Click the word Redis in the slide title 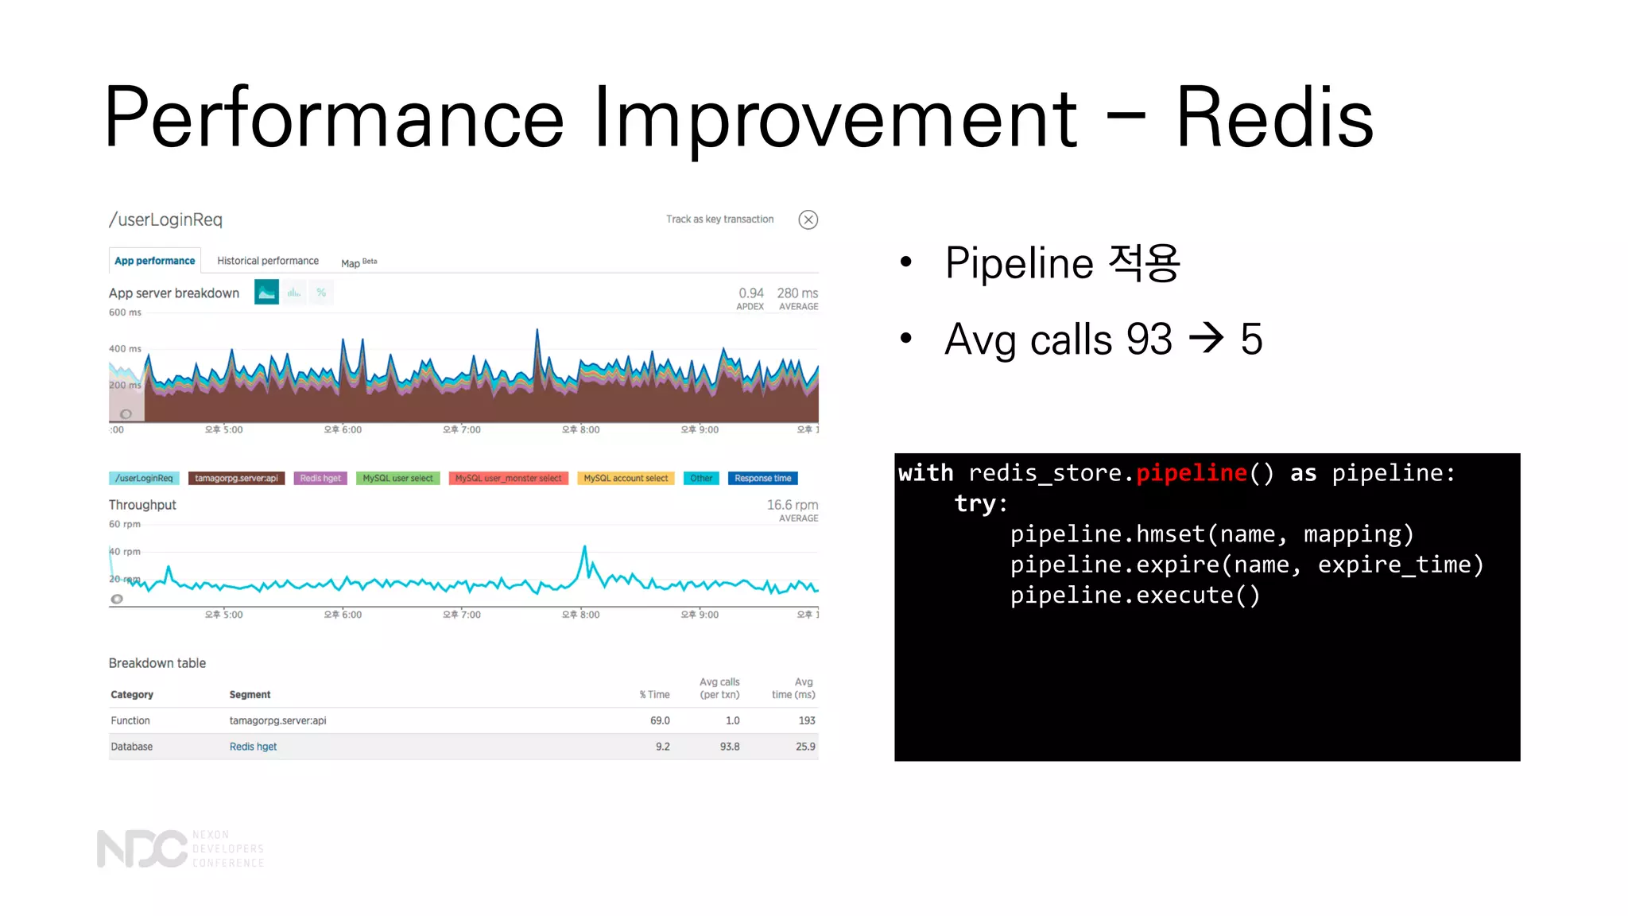(1273, 118)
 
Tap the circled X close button (808, 219)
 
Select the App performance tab (154, 261)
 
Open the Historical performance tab (268, 261)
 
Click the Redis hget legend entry (320, 478)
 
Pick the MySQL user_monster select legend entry (508, 478)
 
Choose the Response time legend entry (762, 478)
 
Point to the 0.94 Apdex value (750, 293)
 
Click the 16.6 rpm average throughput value (792, 505)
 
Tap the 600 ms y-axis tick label (125, 312)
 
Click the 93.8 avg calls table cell (729, 747)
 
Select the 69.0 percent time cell (660, 720)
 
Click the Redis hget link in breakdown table (253, 747)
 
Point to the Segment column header (250, 695)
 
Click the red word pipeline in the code (1191, 473)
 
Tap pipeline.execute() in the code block (1134, 596)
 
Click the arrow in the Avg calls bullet (1206, 339)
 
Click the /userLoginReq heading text (165, 220)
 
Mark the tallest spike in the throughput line (585, 547)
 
